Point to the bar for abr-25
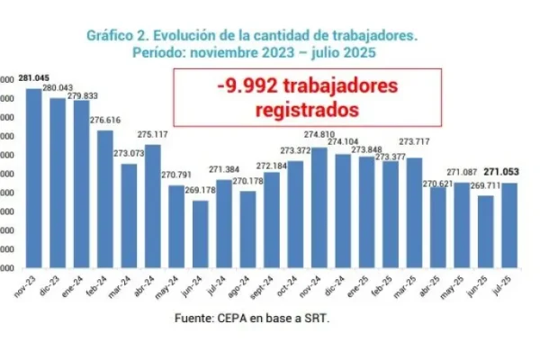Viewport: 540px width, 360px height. pos(436,229)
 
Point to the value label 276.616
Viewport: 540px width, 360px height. pos(104,120)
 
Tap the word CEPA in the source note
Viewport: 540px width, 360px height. pos(230,319)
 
